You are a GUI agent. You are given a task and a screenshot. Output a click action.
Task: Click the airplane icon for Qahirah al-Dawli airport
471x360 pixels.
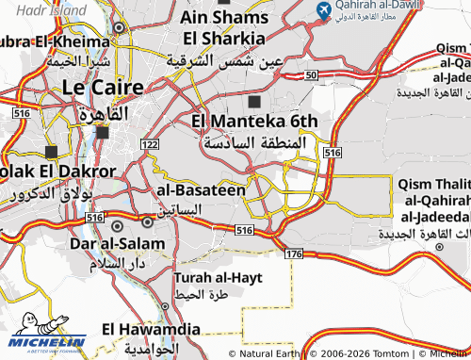[x=324, y=10]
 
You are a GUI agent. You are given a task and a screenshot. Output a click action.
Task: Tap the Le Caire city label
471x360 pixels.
[x=103, y=88]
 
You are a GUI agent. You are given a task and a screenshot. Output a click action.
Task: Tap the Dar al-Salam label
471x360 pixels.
[x=118, y=243]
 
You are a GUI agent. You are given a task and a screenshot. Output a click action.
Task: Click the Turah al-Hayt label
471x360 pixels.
[x=218, y=278]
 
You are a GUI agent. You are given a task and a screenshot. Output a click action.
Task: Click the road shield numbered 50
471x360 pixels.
[x=312, y=74]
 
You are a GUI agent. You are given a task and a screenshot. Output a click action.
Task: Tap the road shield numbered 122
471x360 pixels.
[x=150, y=144]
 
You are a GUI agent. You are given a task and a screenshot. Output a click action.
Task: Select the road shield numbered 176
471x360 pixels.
[x=292, y=254]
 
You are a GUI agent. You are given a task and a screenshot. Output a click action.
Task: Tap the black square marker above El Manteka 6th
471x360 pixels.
[x=254, y=101]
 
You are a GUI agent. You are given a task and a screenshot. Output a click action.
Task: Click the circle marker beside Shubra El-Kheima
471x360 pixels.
[x=120, y=28]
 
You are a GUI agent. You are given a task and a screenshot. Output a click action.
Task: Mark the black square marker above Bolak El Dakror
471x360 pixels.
[x=51, y=151]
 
